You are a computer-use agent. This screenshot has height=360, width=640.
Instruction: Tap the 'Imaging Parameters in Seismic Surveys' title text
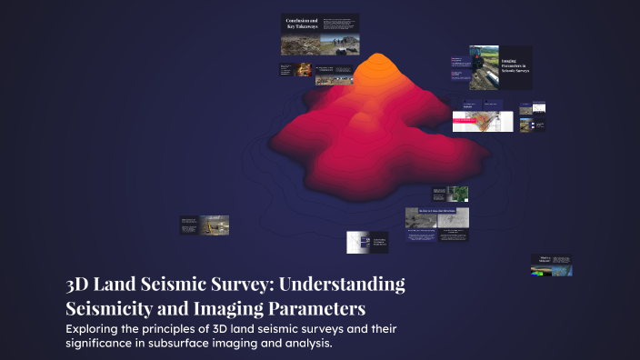coord(515,66)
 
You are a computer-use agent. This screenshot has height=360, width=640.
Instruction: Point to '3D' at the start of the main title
coord(78,284)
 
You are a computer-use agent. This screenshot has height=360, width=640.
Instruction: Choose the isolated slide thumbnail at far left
coord(204,225)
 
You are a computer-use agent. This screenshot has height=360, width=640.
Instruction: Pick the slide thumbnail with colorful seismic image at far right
coord(551,264)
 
